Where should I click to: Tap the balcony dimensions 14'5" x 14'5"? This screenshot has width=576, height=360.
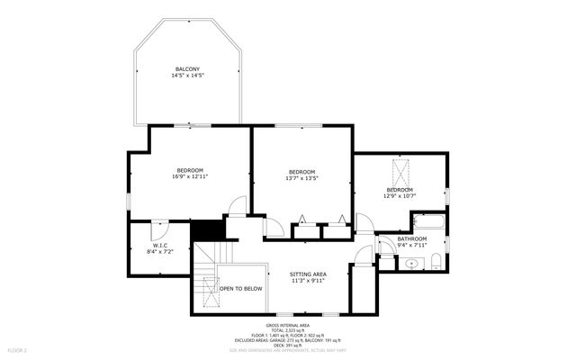(x=187, y=76)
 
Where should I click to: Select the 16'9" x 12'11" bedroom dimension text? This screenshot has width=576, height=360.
(x=190, y=177)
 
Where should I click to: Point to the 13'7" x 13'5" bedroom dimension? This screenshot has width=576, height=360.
(x=302, y=178)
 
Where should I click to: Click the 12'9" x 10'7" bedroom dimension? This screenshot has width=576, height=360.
(x=400, y=196)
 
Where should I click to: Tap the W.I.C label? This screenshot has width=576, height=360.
(x=160, y=246)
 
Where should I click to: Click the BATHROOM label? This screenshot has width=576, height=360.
(x=412, y=238)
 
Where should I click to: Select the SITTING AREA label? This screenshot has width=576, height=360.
(x=307, y=274)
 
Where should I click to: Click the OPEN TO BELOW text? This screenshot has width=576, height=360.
(x=241, y=289)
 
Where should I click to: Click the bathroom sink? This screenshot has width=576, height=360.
(x=411, y=264)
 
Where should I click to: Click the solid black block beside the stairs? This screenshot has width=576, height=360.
(x=210, y=230)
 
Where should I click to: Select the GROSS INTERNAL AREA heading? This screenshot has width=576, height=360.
(x=288, y=325)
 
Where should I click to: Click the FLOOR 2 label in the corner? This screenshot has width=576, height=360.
(x=18, y=349)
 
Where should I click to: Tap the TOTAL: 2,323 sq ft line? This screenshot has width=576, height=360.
(x=288, y=330)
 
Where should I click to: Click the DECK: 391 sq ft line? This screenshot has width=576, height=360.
(x=288, y=346)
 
